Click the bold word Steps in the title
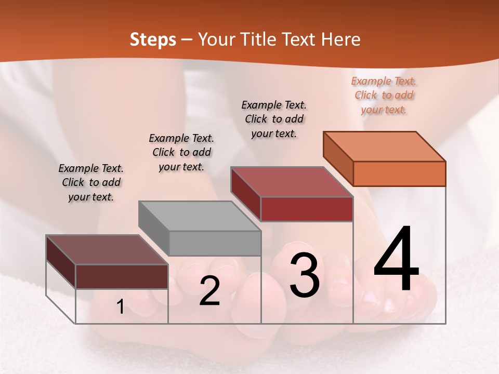[x=153, y=39]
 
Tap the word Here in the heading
[x=340, y=39]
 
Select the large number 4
[x=396, y=259]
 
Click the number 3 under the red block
[x=305, y=275]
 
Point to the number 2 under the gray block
[x=209, y=291]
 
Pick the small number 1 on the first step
[x=121, y=307]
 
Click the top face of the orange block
[x=385, y=146]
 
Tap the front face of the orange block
[x=399, y=173]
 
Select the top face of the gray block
[x=200, y=216]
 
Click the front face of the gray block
[x=215, y=243]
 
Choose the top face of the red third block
[x=292, y=182]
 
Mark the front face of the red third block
[x=307, y=209]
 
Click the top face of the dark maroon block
[x=107, y=249]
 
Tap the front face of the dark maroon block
[x=122, y=276]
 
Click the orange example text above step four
[x=384, y=95]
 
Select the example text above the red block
[x=274, y=119]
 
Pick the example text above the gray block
[x=181, y=152]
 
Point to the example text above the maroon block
[x=91, y=182]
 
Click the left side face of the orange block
[x=338, y=158]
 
